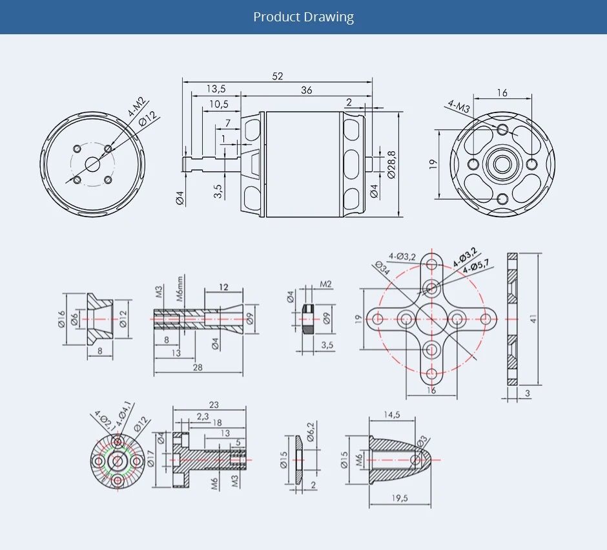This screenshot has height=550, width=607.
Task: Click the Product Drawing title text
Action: pos(303,17)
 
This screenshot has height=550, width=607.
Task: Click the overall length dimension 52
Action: pos(277,76)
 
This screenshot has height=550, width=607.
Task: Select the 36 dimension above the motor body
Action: pos(306,90)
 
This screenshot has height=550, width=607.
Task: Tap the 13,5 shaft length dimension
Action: pos(216,89)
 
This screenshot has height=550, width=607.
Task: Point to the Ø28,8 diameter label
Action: pos(391,165)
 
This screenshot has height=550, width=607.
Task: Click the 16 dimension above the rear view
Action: pos(502,93)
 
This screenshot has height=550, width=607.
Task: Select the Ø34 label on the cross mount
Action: pos(382,268)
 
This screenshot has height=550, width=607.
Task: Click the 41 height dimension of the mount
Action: pos(533,319)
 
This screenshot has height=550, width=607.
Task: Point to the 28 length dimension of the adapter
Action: pos(198,368)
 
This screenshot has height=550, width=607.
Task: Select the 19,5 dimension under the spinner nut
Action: pos(400,498)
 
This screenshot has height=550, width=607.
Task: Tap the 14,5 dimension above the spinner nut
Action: pos(391,414)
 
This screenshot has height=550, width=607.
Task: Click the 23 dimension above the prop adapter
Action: pos(214,405)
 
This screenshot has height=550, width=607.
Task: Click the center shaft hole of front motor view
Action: pos(92,164)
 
